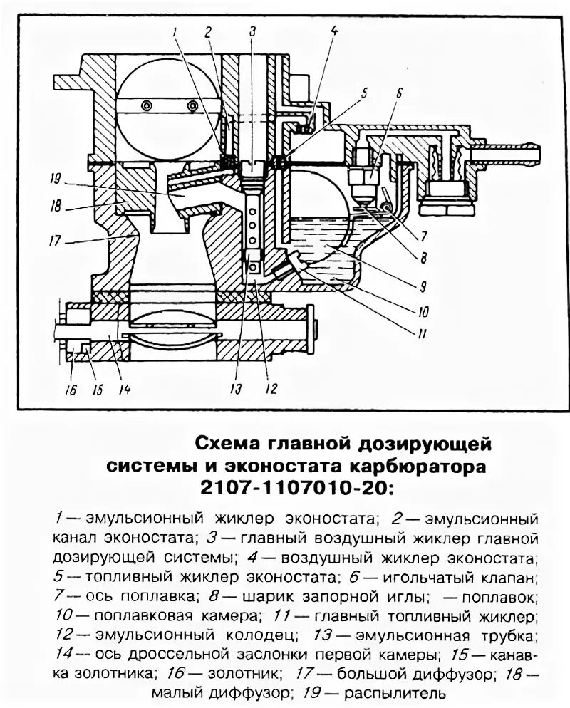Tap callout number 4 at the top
(x=334, y=30)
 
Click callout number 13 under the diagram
(x=234, y=390)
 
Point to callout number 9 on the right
(x=422, y=287)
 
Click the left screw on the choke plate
(x=147, y=105)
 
